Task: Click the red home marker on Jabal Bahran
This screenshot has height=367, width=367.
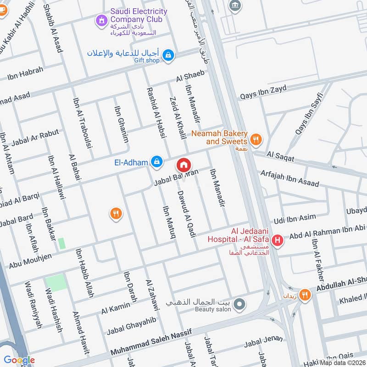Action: pyautogui.click(x=183, y=164)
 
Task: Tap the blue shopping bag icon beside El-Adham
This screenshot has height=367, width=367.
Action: pyautogui.click(x=157, y=161)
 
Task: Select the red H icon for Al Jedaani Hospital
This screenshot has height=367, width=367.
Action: pyautogui.click(x=277, y=239)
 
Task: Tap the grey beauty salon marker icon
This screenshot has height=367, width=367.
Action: pyautogui.click(x=239, y=304)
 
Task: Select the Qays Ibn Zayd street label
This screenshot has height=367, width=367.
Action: pyautogui.click(x=263, y=93)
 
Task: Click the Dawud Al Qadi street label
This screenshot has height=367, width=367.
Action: pyautogui.click(x=186, y=215)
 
